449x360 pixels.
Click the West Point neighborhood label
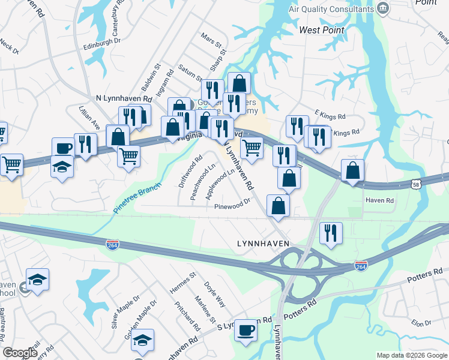pyautogui.click(x=322, y=30)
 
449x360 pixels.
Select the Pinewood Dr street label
pyautogui.click(x=232, y=205)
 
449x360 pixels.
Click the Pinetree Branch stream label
pyautogui.click(x=137, y=199)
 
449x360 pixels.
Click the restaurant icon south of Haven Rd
pyautogui.click(x=331, y=232)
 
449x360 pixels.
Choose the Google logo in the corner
pyautogui.click(x=19, y=353)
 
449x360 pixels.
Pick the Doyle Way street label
pyautogui.click(x=214, y=293)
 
